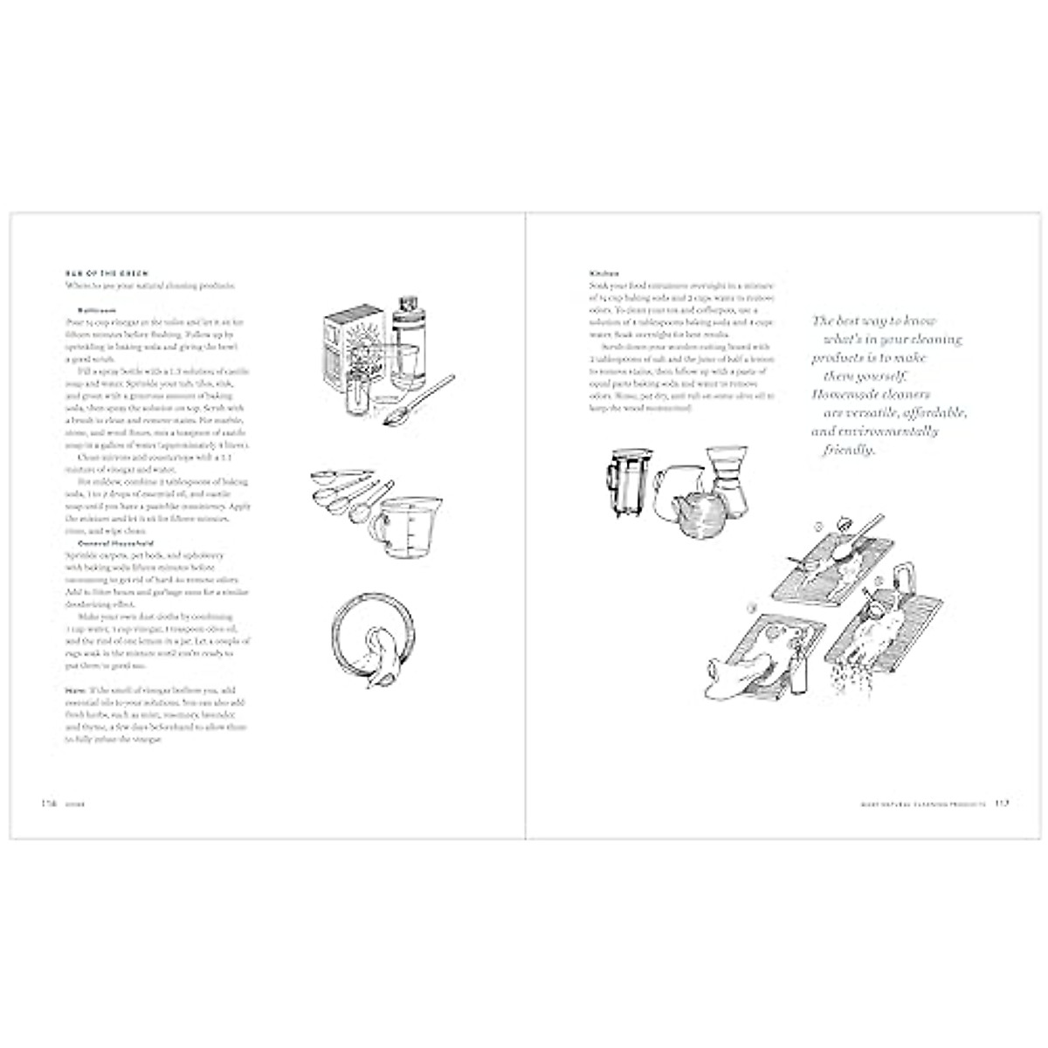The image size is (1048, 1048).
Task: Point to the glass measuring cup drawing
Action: click(406, 534)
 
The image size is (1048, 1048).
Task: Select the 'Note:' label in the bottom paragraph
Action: click(74, 689)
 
